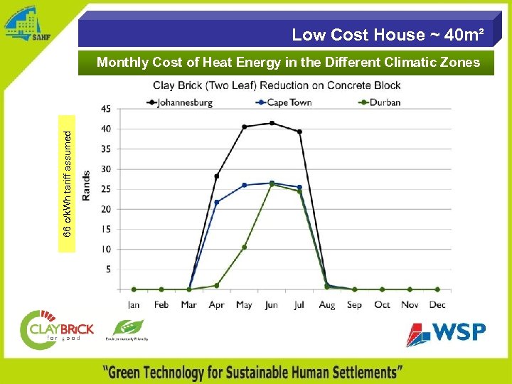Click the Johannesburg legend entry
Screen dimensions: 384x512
point(183,102)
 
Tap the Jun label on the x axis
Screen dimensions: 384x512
point(272,304)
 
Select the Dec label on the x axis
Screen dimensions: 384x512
point(437,304)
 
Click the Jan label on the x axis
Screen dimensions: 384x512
point(134,304)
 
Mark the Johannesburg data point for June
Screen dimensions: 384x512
point(272,123)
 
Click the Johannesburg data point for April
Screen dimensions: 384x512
point(217,176)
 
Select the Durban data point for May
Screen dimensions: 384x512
point(244,247)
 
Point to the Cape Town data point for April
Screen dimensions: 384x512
point(217,202)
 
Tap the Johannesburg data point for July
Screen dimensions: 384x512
point(299,132)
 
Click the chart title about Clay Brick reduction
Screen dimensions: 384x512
point(277,86)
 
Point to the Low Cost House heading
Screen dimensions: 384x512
point(388,35)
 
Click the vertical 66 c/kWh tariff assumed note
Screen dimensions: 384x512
point(67,183)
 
